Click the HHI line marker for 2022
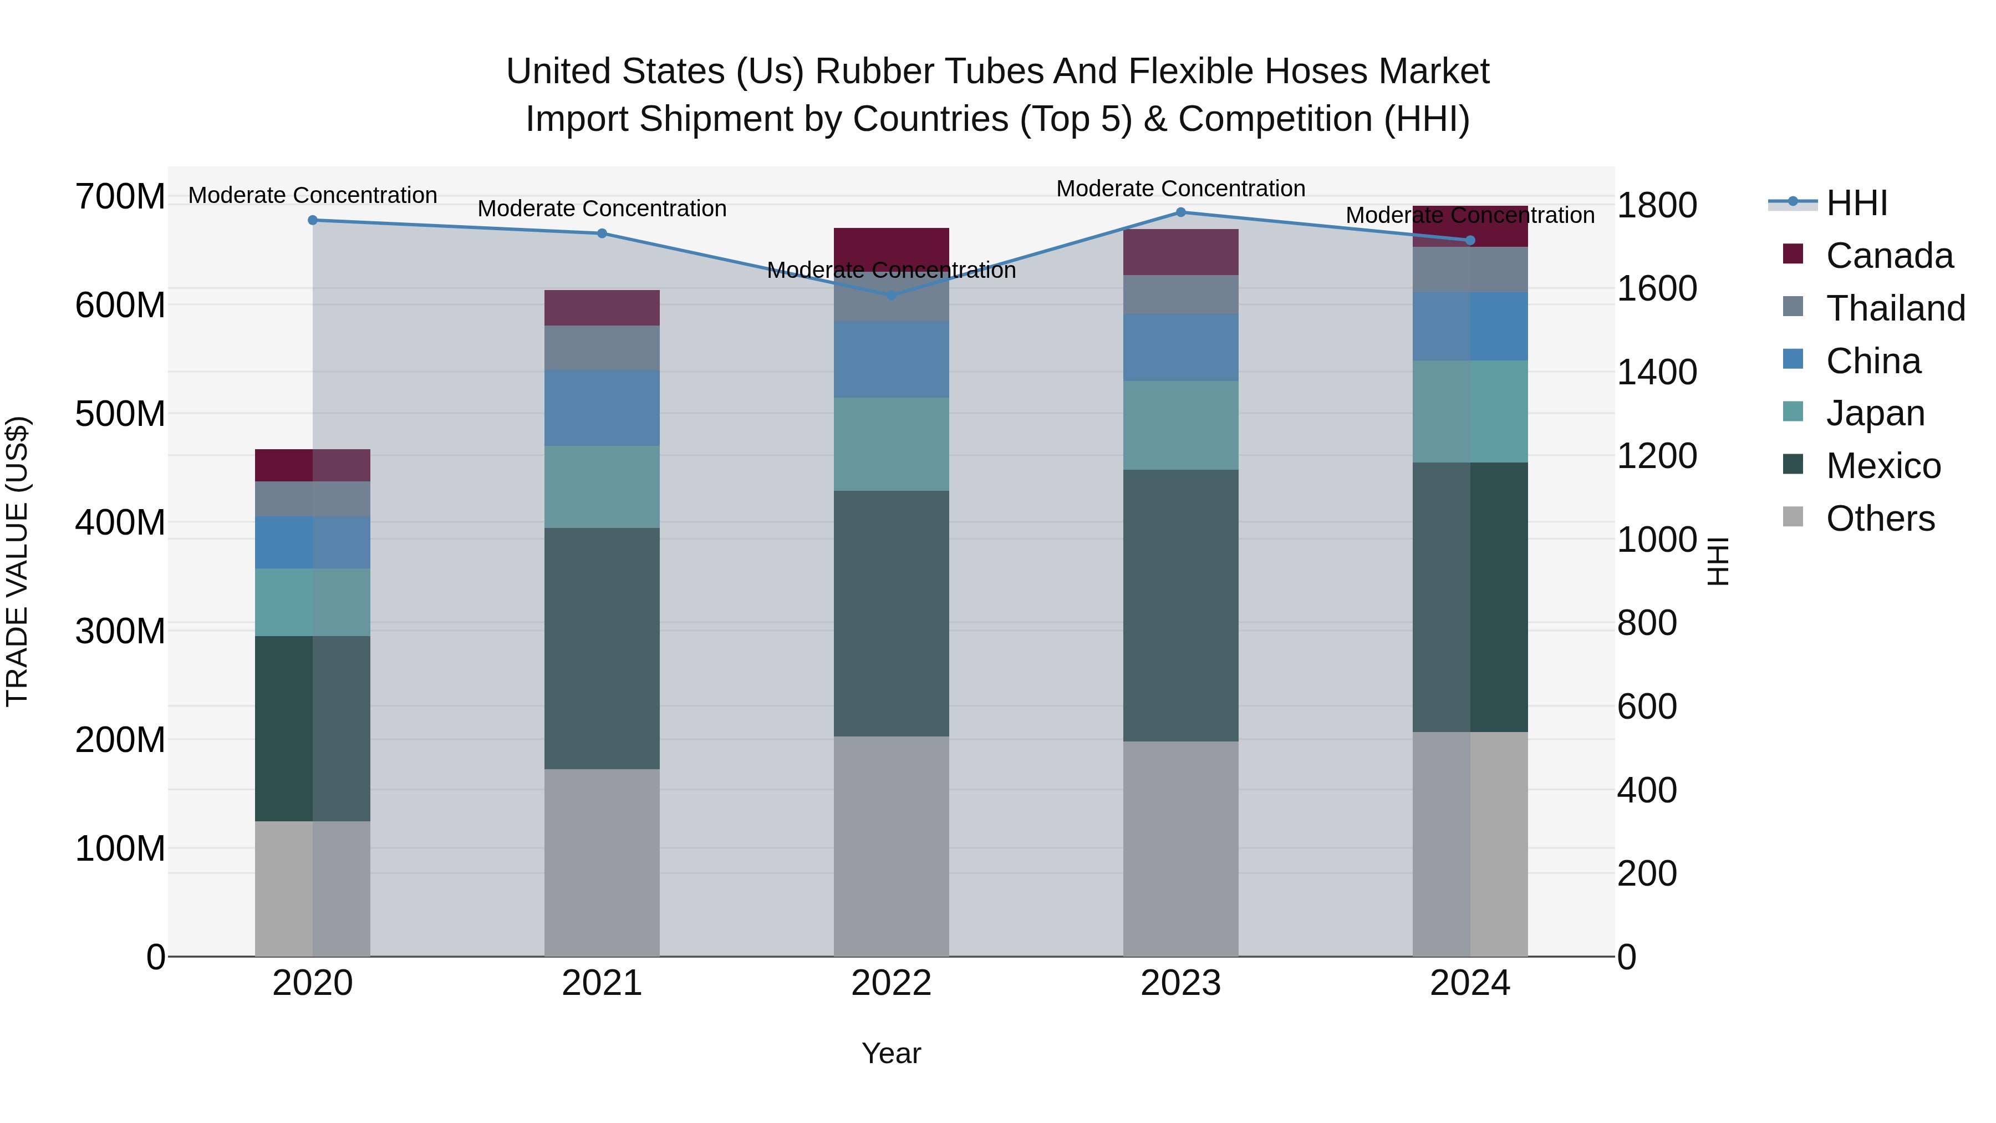point(891,295)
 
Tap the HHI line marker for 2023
point(1181,212)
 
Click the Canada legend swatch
point(1793,253)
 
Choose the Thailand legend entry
point(1895,308)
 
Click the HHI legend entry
point(1856,203)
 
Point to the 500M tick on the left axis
point(120,414)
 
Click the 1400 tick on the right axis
point(1657,372)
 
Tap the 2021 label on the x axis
point(602,983)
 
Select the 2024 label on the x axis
point(1470,983)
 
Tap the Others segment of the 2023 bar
point(1181,848)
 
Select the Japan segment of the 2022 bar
point(891,444)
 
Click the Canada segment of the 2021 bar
point(602,308)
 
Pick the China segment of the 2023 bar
point(1181,347)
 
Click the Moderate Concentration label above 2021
point(602,209)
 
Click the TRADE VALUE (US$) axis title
point(17,561)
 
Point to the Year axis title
point(891,1053)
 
